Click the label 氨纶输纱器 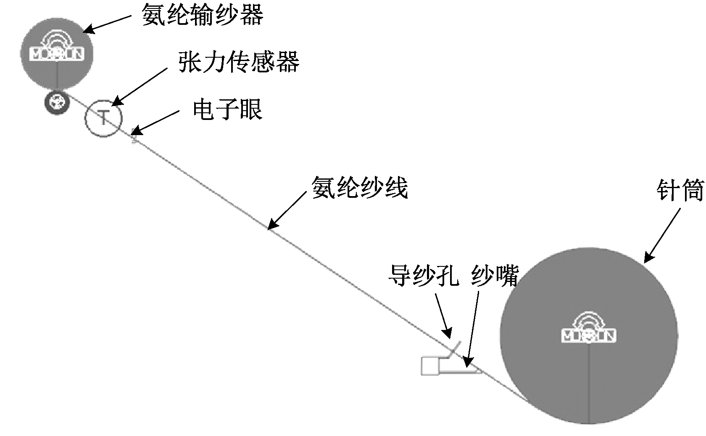click(203, 16)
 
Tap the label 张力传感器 click(239, 63)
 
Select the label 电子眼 click(227, 110)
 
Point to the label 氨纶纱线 click(359, 187)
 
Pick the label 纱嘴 click(495, 276)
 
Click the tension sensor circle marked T click(103, 118)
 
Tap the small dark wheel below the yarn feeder click(56, 101)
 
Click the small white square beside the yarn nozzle click(430, 365)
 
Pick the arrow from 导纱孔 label click(443, 316)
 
